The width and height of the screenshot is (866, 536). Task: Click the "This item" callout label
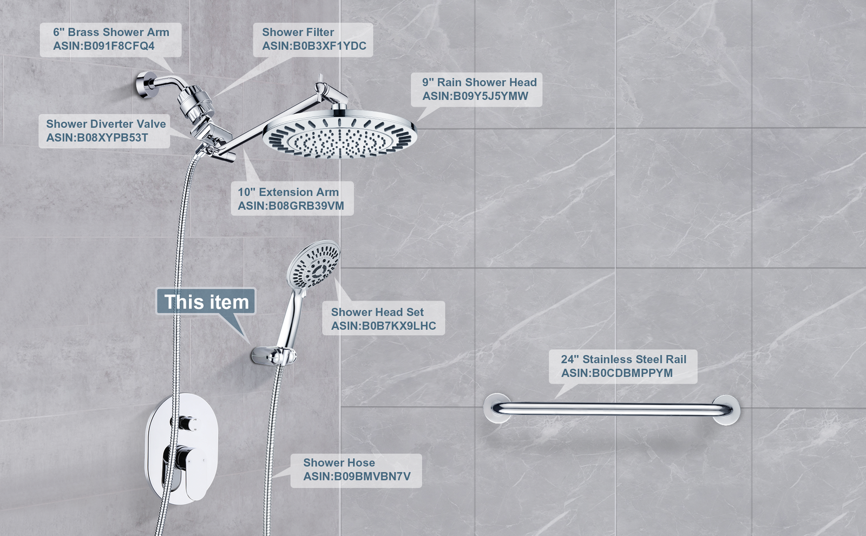[x=206, y=302]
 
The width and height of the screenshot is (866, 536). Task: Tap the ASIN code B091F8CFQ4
[x=103, y=46]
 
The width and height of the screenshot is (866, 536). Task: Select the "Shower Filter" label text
[x=298, y=32]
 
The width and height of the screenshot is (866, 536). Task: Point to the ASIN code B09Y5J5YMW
[x=475, y=96]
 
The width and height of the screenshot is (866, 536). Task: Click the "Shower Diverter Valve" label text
[x=106, y=124]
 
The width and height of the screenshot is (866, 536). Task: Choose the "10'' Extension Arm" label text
[x=288, y=192]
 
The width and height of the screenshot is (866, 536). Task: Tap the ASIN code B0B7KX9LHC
[x=384, y=326]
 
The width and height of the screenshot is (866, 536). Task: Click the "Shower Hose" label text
[x=339, y=462]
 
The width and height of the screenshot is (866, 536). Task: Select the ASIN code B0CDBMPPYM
[x=617, y=373]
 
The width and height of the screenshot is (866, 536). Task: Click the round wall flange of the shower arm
[x=144, y=85]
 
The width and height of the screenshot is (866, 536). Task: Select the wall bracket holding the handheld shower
[x=274, y=356]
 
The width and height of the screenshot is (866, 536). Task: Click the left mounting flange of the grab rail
[x=497, y=408]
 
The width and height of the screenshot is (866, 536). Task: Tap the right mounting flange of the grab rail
[x=726, y=410]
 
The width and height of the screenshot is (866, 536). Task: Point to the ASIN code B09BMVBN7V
[x=357, y=476]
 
